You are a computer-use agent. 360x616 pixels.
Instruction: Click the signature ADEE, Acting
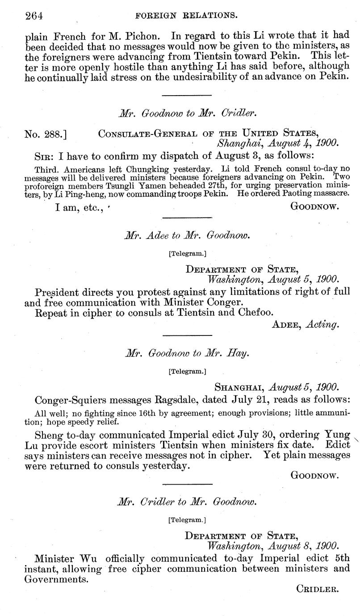coord(305,325)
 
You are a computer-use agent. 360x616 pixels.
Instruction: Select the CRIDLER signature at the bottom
coord(317,601)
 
